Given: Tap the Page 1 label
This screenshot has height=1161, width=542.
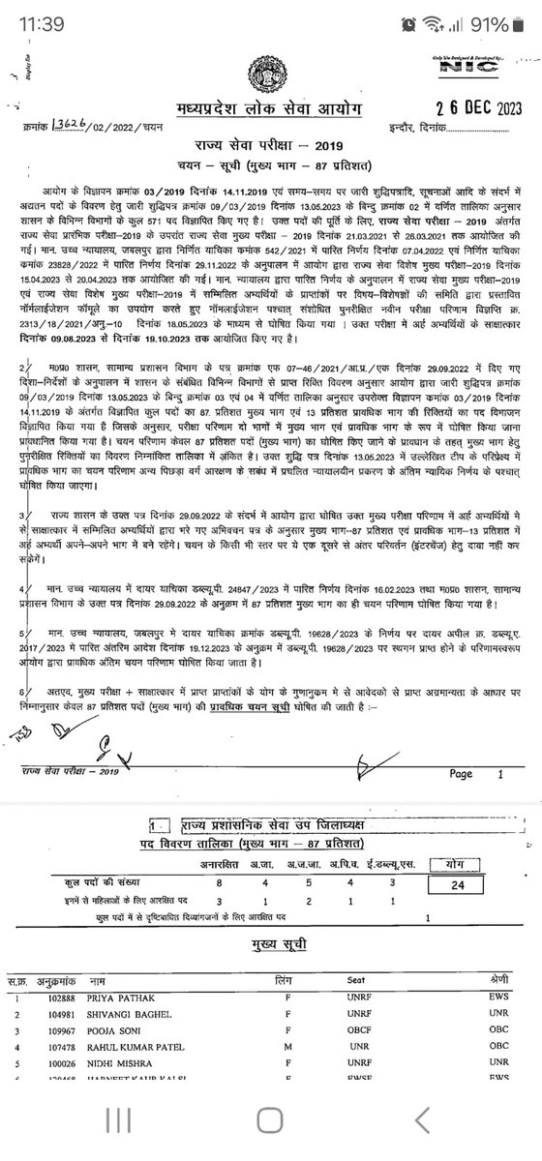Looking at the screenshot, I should click(x=473, y=774).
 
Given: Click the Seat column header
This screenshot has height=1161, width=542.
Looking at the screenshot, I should click(x=355, y=981).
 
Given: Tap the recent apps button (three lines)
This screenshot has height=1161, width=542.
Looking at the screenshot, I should click(x=118, y=1120).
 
